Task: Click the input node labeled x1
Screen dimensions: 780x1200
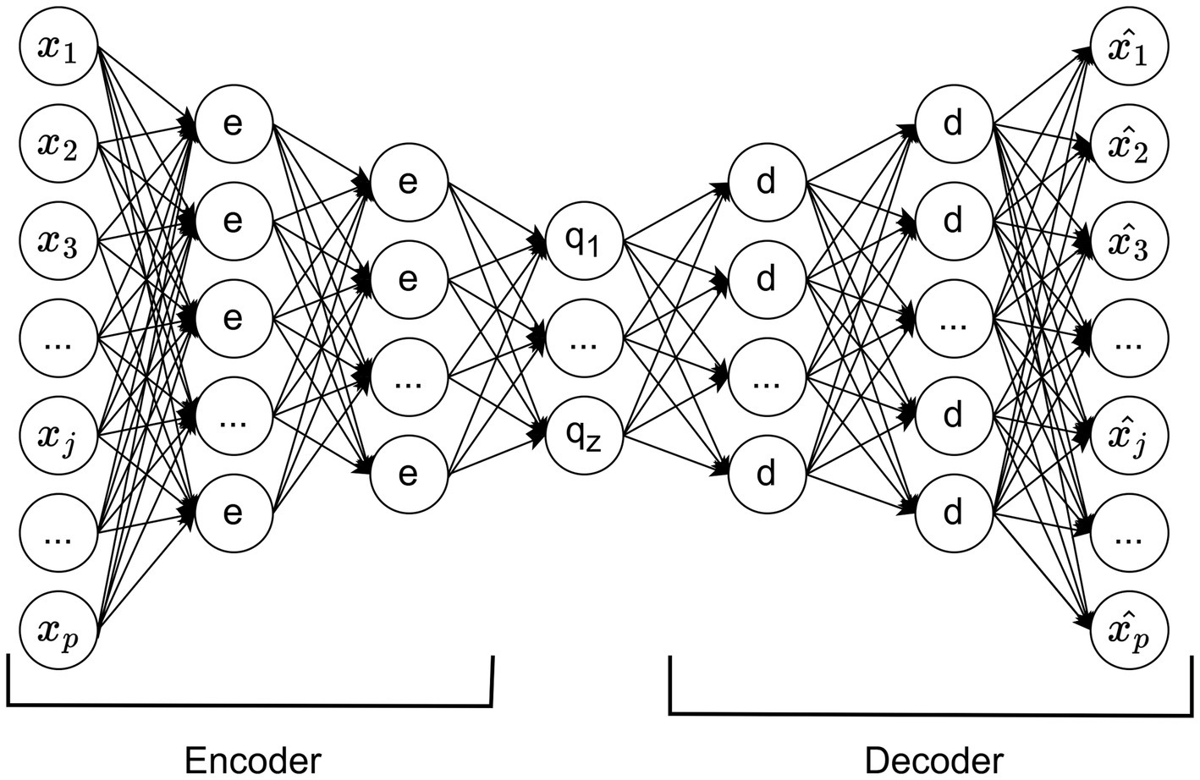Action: tap(58, 48)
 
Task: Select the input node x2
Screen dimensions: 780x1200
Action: tap(58, 146)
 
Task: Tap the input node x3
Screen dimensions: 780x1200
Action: tap(58, 244)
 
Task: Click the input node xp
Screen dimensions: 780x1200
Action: tap(58, 630)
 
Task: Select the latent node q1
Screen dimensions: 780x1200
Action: tap(584, 241)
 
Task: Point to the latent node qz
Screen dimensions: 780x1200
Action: tap(584, 436)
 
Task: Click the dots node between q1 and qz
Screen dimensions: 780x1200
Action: tap(584, 340)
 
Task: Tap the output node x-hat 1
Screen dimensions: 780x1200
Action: tap(1130, 48)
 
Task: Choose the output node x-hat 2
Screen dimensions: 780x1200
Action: tap(1130, 146)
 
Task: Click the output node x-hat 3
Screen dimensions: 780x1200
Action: tap(1130, 244)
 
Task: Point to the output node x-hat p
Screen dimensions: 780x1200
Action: tap(1130, 630)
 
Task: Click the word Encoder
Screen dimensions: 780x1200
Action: tap(252, 760)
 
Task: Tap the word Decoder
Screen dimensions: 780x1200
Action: tap(934, 760)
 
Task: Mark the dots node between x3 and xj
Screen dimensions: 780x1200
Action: tap(58, 340)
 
